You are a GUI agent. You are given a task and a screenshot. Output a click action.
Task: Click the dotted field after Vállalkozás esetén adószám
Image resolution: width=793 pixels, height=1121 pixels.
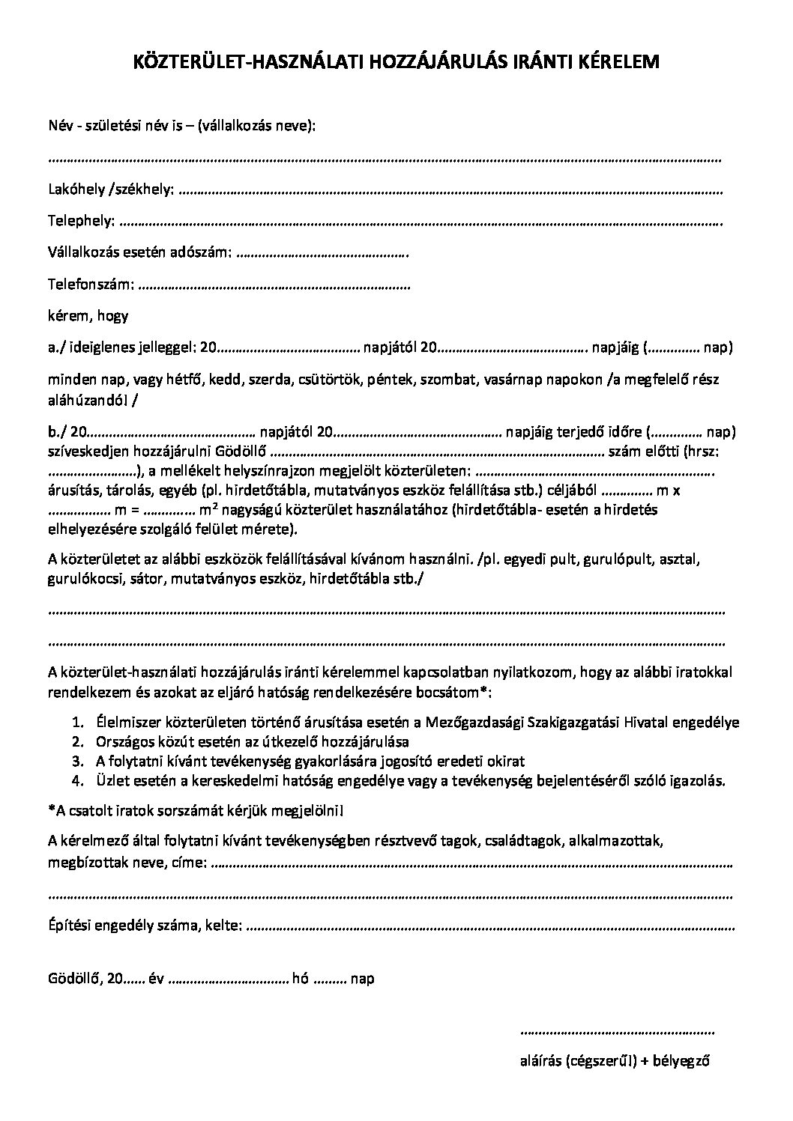(322, 253)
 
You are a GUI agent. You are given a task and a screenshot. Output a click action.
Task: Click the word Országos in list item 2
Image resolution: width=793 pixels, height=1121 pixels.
(124, 742)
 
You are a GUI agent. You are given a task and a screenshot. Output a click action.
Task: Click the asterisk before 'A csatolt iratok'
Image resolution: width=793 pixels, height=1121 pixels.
(50, 810)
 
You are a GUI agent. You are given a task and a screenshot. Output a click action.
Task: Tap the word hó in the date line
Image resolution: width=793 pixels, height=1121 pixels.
(301, 979)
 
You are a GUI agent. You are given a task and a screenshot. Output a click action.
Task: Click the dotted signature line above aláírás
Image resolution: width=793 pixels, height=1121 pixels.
(617, 1033)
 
